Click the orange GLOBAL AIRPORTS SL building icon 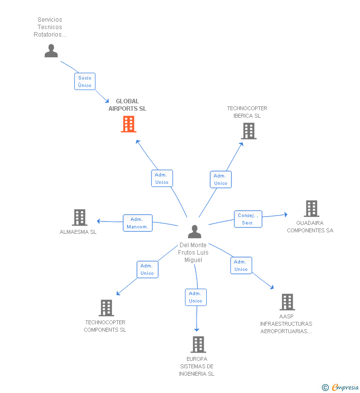click(x=129, y=124)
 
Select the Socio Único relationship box click(x=85, y=82)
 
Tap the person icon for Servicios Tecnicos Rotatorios click(x=51, y=50)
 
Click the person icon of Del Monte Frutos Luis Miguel click(x=195, y=231)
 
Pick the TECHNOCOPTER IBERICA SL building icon click(x=249, y=131)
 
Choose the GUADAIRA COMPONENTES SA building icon click(x=311, y=209)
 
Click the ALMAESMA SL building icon click(x=79, y=218)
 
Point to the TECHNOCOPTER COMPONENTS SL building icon click(x=106, y=308)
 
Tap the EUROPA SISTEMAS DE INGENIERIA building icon click(x=198, y=345)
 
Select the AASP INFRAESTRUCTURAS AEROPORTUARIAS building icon click(x=287, y=302)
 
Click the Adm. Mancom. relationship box click(x=137, y=223)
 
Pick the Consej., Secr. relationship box click(x=248, y=219)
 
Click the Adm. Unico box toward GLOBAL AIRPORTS click(x=162, y=178)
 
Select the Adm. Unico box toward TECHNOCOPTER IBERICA click(x=221, y=179)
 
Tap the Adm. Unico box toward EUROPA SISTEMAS click(x=195, y=297)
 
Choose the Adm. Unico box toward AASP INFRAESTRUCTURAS click(x=241, y=265)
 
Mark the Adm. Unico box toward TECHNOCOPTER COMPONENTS click(x=147, y=269)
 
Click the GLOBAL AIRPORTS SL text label click(x=128, y=105)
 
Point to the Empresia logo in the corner click(x=345, y=387)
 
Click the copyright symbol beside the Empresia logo click(x=325, y=388)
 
